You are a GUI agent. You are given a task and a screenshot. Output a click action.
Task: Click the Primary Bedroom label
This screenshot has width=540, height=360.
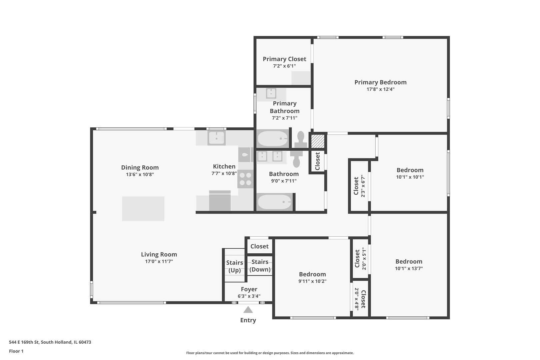tap(380, 82)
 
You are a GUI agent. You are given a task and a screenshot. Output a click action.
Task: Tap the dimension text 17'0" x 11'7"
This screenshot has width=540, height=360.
tap(159, 262)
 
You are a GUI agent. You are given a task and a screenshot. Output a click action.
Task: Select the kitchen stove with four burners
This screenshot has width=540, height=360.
tap(246, 179)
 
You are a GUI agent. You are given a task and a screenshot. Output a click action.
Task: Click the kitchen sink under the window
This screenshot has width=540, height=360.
tap(217, 138)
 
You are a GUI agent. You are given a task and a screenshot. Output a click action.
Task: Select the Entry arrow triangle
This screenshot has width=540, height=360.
tap(248, 310)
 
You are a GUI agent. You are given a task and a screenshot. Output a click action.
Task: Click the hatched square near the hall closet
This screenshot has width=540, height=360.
tap(318, 141)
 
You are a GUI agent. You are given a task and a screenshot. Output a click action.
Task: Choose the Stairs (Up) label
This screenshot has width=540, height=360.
tap(235, 266)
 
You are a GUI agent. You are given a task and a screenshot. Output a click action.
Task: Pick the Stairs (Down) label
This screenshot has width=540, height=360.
tap(260, 266)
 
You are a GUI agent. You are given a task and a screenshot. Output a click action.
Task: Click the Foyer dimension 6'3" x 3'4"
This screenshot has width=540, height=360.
tap(249, 296)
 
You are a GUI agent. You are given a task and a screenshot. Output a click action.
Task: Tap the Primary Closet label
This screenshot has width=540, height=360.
tap(284, 59)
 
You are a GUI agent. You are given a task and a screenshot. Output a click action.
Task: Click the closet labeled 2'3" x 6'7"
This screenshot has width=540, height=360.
tap(359, 186)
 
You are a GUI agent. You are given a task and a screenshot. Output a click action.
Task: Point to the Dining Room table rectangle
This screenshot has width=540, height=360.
tap(143, 209)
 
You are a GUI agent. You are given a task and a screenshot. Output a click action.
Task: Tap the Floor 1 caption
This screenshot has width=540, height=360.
tap(16, 351)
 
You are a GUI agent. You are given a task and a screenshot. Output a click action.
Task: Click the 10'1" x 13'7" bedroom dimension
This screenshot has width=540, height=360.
tap(409, 268)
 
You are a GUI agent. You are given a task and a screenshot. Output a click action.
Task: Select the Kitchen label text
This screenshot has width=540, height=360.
tap(224, 166)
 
